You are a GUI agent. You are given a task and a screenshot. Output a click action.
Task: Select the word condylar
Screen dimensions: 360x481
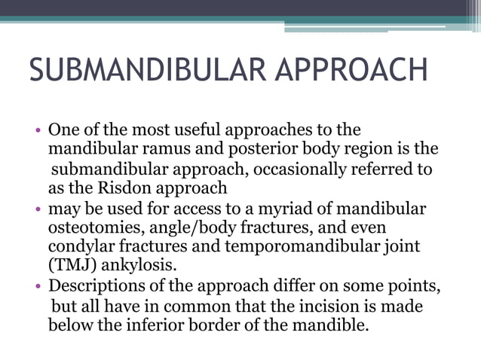coord(81,246)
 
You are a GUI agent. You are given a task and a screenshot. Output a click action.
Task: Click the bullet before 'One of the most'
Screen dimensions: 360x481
coord(39,130)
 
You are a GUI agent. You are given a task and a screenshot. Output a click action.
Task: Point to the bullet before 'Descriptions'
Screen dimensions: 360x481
coord(39,287)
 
